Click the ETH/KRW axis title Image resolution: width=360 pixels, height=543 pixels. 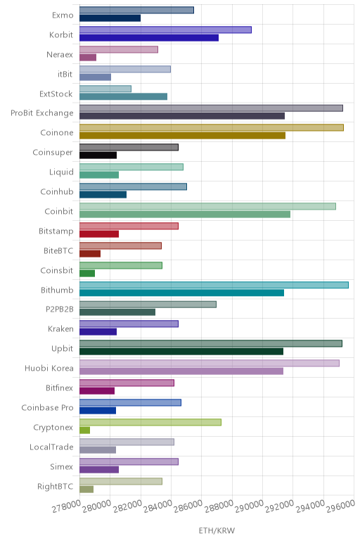217,530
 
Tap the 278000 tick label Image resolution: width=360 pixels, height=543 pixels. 67,506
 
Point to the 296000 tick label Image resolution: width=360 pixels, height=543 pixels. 341,506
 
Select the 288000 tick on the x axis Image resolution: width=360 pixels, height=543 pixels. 219,506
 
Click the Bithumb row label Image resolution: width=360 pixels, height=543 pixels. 57,290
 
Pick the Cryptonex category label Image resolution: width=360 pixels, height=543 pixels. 53,428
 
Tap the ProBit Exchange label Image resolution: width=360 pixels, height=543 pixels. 42,113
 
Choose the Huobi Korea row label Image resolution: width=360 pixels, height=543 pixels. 49,368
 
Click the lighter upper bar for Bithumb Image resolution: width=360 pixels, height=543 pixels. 214,285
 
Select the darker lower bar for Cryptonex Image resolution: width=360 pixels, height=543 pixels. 85,430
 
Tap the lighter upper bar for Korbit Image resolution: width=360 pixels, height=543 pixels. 165,30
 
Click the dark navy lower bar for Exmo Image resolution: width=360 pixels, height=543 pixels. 110,18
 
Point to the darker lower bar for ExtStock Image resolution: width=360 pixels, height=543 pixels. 123,96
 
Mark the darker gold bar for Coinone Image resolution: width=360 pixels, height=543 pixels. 182,136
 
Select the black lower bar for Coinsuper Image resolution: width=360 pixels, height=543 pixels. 98,155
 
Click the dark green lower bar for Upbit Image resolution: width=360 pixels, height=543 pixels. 181,352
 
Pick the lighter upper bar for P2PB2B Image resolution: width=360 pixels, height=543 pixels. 148,305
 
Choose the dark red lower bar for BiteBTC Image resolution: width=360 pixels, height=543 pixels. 90,253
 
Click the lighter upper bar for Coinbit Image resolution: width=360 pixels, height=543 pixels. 207,206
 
